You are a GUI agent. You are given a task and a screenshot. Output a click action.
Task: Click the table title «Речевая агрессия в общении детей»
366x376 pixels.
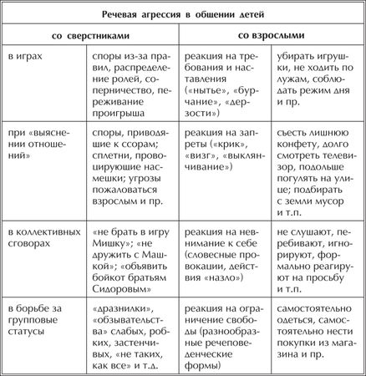click(x=182, y=16)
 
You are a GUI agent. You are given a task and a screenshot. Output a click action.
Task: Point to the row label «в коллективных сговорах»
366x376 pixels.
click(x=41, y=237)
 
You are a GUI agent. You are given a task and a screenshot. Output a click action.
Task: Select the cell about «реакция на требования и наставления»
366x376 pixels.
click(x=222, y=85)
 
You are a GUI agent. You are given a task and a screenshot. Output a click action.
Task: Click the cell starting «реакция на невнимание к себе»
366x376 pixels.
click(x=222, y=249)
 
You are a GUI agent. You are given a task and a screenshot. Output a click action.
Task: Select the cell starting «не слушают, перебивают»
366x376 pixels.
click(x=317, y=249)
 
